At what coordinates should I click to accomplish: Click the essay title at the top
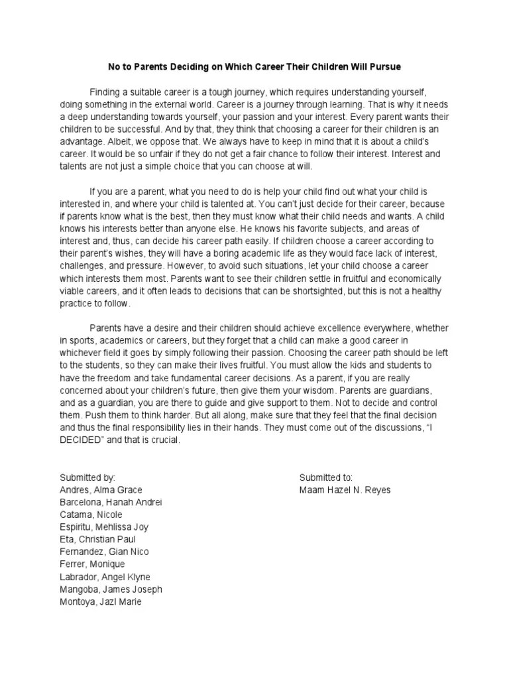[254, 67]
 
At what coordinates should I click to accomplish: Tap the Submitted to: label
[326, 477]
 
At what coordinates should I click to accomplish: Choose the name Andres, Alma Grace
[101, 490]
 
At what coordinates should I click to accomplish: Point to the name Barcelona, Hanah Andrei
[111, 502]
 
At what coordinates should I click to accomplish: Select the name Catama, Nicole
[91, 515]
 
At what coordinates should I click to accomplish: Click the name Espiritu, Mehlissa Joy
[104, 527]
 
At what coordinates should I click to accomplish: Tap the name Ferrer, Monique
[92, 564]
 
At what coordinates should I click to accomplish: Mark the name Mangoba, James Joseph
[111, 589]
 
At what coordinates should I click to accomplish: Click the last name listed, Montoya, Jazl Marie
[101, 602]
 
